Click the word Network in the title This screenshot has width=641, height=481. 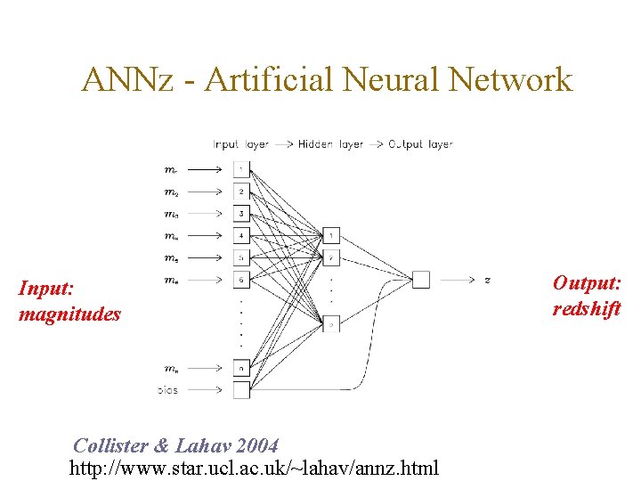point(511,80)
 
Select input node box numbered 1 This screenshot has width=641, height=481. point(241,168)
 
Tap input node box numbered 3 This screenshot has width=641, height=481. point(241,214)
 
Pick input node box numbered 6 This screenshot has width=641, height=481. point(241,280)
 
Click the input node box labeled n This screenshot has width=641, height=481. point(241,367)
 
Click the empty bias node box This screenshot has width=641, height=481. point(241,389)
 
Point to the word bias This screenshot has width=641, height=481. point(166,390)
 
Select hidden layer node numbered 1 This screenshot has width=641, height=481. point(331,235)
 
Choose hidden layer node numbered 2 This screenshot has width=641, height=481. point(331,257)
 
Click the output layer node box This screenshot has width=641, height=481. point(420,280)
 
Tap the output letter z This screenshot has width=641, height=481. point(487,281)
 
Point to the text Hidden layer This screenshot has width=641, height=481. point(330,144)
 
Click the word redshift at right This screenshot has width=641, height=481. point(587,308)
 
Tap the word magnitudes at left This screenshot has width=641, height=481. point(69,314)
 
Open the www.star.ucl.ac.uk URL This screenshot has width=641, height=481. point(254,467)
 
